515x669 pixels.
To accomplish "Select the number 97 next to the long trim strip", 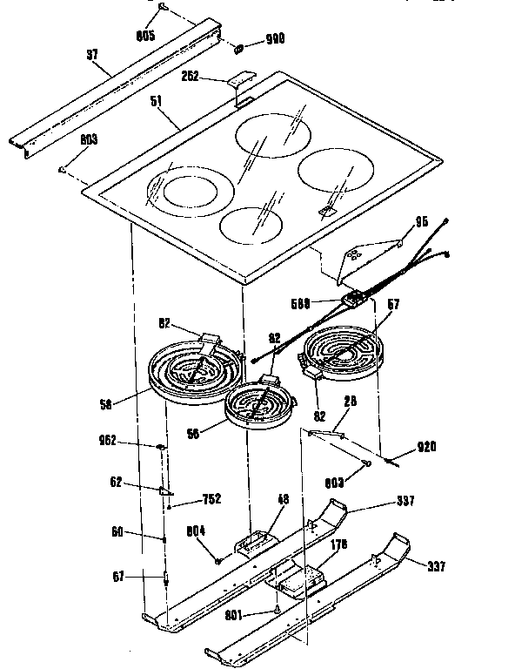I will [92, 54].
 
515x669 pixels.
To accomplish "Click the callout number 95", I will [421, 222].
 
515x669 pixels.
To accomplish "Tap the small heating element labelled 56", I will [258, 407].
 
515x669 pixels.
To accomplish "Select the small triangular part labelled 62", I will [163, 492].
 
